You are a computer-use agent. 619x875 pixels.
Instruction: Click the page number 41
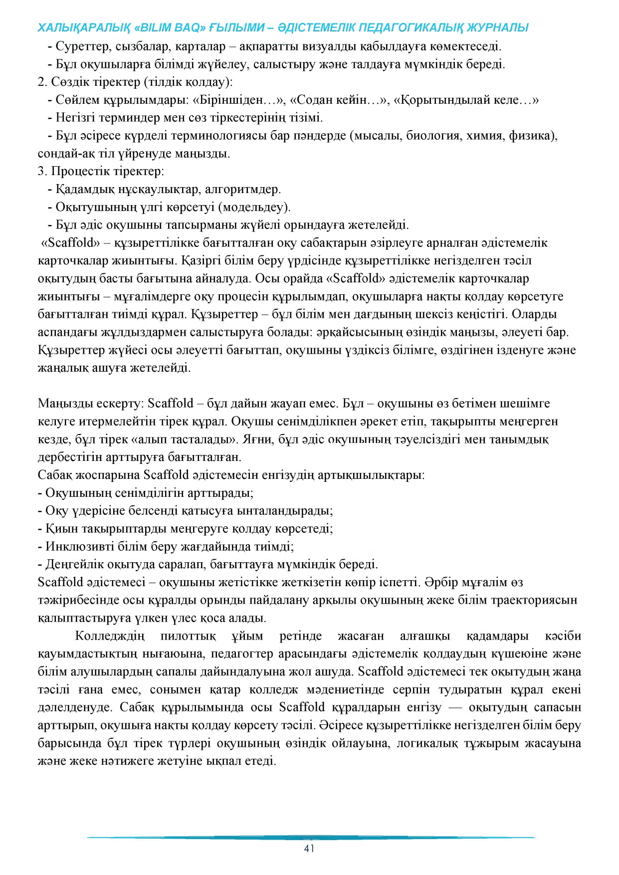click(309, 849)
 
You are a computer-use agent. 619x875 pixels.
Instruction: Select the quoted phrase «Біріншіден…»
click(239, 100)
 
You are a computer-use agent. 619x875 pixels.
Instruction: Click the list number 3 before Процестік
click(41, 172)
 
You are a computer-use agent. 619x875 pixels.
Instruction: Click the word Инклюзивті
click(80, 547)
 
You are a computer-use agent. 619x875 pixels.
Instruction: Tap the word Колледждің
click(110, 636)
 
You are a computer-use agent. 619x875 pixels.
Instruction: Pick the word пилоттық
click(188, 636)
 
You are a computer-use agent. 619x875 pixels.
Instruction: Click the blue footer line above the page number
click(309, 838)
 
